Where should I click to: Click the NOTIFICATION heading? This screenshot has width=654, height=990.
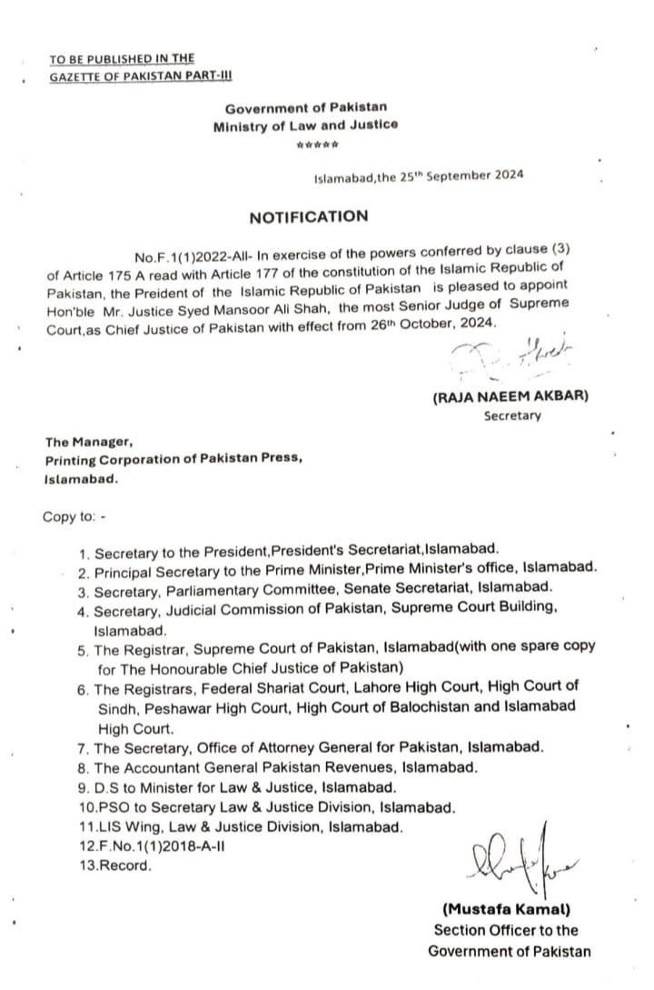click(309, 216)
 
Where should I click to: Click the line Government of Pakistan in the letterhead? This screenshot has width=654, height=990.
click(305, 107)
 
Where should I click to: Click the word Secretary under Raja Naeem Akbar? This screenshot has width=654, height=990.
click(511, 416)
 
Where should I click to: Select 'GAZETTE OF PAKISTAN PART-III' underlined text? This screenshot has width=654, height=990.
click(127, 77)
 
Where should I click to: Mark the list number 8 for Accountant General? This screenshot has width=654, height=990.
click(84, 767)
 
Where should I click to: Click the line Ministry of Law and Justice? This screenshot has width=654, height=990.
click(305, 125)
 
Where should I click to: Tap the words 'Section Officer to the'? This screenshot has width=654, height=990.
click(506, 931)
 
